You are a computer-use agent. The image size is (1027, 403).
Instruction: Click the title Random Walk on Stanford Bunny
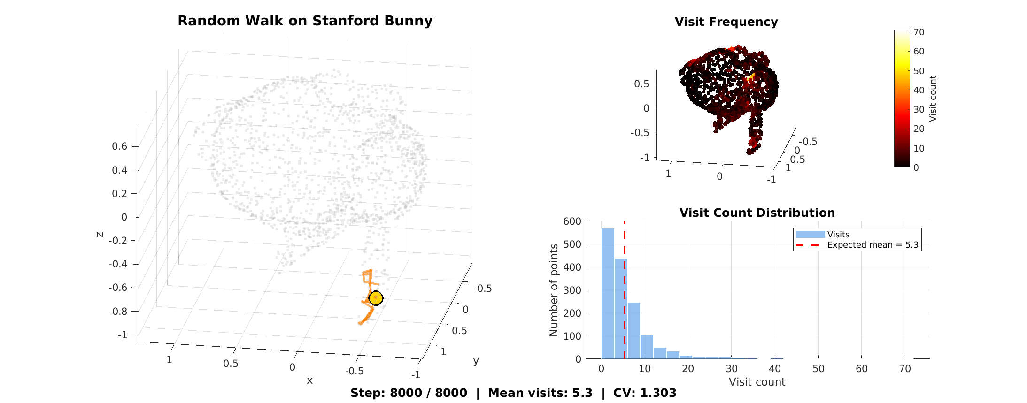coord(305,21)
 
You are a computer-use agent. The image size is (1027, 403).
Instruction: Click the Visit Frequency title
coord(726,22)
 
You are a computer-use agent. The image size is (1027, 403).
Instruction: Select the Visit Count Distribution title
coord(757,213)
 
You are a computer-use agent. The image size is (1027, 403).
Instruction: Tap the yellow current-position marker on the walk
coord(376,298)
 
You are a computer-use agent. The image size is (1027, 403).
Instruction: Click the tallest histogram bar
coord(608,293)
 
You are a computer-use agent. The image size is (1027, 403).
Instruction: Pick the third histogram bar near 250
coord(634,330)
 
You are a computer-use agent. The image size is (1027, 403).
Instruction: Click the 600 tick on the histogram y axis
coord(572,221)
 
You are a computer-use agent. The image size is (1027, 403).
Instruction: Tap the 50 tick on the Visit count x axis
coord(818,369)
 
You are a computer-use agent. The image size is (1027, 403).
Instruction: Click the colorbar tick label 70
coord(919,32)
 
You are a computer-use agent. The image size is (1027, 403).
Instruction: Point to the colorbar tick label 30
coord(919,109)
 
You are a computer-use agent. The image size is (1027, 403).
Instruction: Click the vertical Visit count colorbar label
coord(933,99)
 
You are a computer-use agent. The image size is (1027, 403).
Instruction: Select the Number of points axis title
coord(554,289)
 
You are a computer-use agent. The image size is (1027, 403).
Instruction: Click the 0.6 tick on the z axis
coord(119,146)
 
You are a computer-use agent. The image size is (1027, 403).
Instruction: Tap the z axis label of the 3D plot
coord(100,234)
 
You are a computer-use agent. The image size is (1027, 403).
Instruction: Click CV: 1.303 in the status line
coord(644,393)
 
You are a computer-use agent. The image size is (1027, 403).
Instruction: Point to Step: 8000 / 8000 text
coord(409,393)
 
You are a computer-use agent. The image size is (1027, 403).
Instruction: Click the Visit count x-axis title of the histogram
coord(757,382)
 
